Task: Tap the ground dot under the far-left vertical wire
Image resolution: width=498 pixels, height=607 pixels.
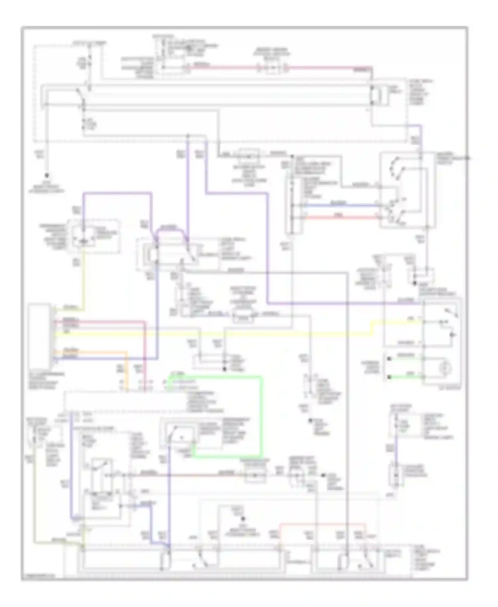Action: point(47,175)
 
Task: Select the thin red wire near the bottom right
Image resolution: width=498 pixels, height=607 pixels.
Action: point(322,524)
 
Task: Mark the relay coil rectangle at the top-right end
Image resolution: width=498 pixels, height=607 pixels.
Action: point(375,95)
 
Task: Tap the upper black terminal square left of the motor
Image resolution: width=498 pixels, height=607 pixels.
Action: point(388,359)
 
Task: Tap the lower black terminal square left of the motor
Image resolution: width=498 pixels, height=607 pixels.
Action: point(388,378)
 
